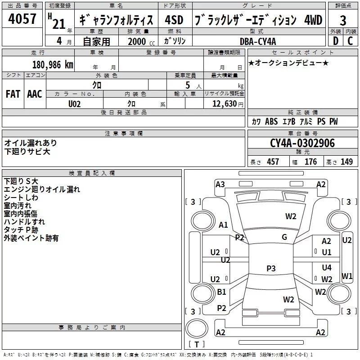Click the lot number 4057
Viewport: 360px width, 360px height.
point(22,18)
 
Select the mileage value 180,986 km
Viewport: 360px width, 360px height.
point(53,65)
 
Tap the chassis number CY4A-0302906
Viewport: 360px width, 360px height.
point(302,143)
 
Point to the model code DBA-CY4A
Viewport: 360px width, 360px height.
point(258,41)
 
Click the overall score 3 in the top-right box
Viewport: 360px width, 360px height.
point(343,20)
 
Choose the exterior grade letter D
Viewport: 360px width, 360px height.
point(336,41)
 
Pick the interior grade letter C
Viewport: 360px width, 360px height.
point(350,41)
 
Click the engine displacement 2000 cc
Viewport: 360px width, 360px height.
point(141,41)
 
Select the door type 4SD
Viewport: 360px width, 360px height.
point(174,20)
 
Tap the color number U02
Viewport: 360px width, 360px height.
point(74,104)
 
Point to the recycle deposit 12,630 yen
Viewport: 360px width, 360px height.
point(228,104)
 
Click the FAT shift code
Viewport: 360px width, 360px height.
point(13,94)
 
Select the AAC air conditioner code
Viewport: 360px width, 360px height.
point(35,94)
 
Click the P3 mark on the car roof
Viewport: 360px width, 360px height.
point(271,268)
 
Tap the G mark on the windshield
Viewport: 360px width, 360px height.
point(284,237)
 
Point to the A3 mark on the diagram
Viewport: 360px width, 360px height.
point(220,184)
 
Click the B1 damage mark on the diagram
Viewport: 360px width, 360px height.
point(221,292)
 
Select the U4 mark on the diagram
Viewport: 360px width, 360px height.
point(327,267)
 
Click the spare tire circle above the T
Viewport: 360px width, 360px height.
point(197,328)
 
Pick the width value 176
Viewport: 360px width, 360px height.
point(310,162)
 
